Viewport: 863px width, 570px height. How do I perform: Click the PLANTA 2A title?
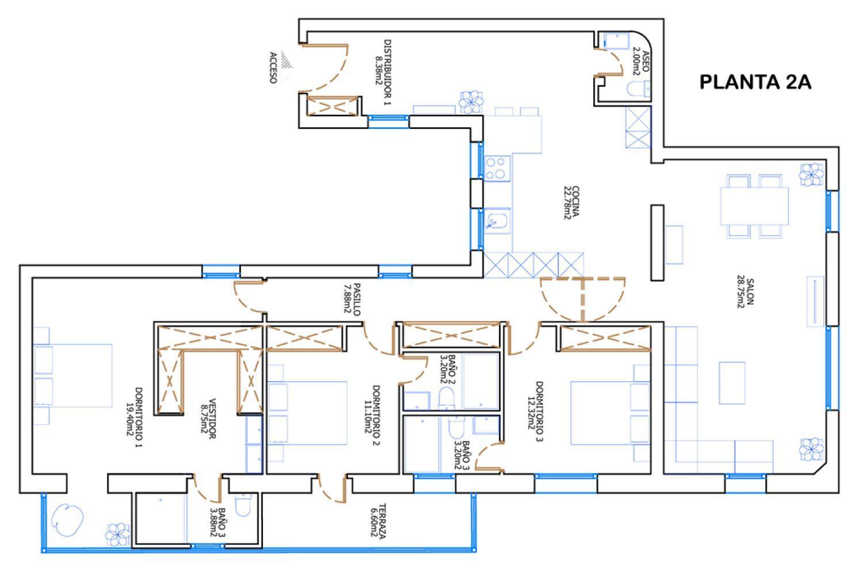coord(755,82)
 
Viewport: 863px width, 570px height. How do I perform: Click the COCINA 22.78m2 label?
coord(571,202)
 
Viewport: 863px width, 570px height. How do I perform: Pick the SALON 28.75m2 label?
coord(745,292)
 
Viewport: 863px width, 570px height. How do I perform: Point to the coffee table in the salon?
coord(732,378)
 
